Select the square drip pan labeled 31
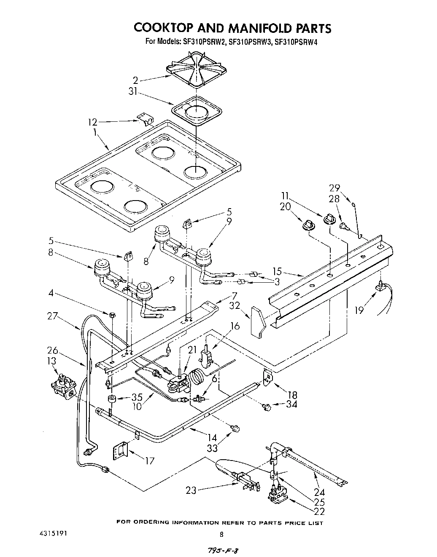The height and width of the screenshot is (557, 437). pyautogui.click(x=197, y=111)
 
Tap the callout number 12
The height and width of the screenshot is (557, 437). pyautogui.click(x=92, y=122)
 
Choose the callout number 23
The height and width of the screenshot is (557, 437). pyautogui.click(x=191, y=490)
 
